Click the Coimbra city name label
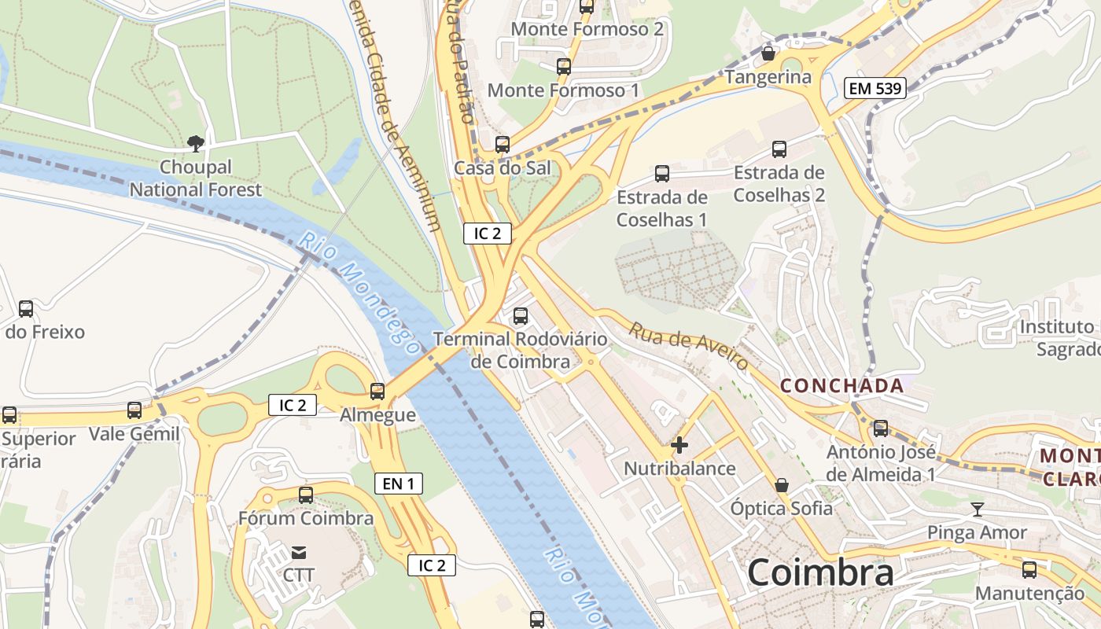click(x=820, y=572)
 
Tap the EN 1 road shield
click(x=399, y=484)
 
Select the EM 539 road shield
click(x=875, y=88)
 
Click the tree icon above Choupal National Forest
click(x=196, y=143)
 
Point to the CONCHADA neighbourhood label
click(x=841, y=386)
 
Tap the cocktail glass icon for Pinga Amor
click(x=977, y=509)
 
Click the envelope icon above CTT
click(x=299, y=552)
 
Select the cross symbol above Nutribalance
click(x=679, y=445)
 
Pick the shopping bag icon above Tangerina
click(x=768, y=53)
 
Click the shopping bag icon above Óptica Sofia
click(x=782, y=485)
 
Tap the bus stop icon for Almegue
click(x=377, y=391)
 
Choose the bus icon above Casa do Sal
click(x=503, y=145)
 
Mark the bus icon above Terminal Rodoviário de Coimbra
click(x=521, y=316)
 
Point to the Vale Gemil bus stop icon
click(x=134, y=410)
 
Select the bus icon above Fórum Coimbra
click(x=306, y=495)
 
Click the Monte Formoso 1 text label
click(x=563, y=90)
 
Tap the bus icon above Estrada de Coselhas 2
click(x=779, y=149)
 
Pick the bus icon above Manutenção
click(x=1029, y=570)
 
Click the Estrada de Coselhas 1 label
click(x=661, y=208)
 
